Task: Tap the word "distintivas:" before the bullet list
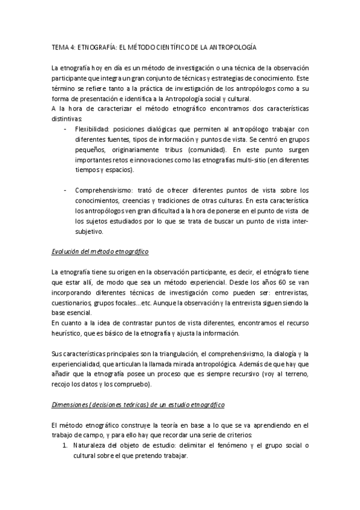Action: pyautogui.click(x=67, y=118)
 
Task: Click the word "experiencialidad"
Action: pyautogui.click(x=76, y=363)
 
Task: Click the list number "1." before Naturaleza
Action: pyautogui.click(x=67, y=445)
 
